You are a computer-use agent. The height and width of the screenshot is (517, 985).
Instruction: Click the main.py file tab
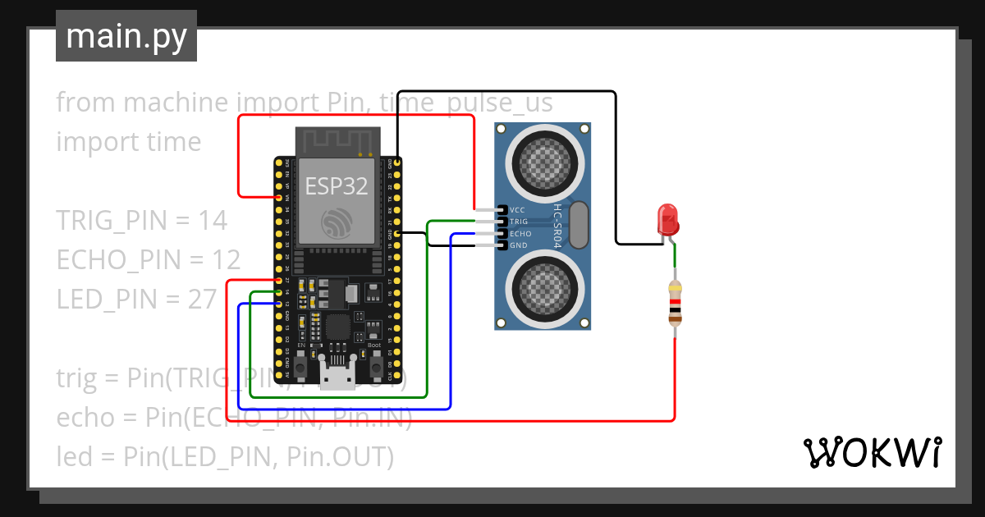(126, 36)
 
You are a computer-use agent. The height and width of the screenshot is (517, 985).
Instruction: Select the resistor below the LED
(675, 303)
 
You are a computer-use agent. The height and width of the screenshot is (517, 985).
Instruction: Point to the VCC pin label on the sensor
(517, 210)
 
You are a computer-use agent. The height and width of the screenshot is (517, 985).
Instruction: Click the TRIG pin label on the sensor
(519, 222)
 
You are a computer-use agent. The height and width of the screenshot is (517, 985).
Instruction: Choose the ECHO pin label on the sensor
(520, 234)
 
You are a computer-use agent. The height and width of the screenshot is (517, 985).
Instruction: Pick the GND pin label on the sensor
(518, 245)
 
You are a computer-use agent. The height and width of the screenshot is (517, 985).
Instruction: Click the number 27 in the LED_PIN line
(202, 300)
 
